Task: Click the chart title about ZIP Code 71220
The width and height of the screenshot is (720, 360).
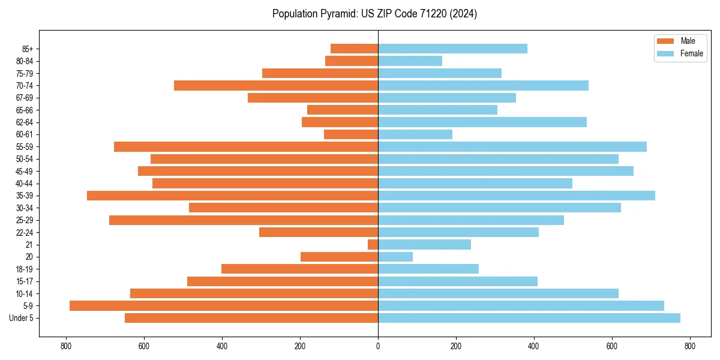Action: (374, 14)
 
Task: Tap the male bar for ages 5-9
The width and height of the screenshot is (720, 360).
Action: (224, 306)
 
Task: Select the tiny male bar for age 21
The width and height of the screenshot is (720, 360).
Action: (373, 245)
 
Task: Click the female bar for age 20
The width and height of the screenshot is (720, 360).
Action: (395, 257)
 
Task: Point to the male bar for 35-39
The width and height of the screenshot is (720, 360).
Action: (233, 196)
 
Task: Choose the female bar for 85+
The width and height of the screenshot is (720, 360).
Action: (453, 49)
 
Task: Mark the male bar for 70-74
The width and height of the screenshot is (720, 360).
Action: (276, 85)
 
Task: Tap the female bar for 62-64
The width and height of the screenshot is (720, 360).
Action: (482, 122)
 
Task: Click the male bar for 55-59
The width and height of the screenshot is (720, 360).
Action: (246, 147)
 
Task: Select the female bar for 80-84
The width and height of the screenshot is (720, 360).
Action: (410, 61)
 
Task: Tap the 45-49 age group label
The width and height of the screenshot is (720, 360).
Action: (25, 171)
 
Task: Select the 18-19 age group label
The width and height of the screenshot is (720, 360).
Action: (25, 269)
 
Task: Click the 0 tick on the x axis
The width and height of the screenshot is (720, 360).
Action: (378, 346)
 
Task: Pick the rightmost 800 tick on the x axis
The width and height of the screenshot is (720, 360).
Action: (689, 346)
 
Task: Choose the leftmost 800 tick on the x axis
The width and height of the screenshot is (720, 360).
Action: (66, 346)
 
